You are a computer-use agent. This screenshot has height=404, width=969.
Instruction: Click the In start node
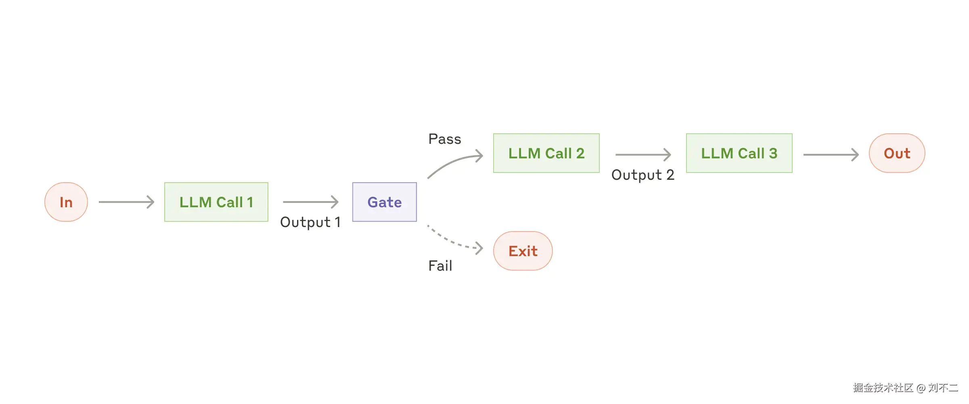click(66, 202)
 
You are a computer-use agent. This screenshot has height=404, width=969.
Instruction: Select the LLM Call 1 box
click(216, 202)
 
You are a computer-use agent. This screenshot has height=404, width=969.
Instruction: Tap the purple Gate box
click(384, 202)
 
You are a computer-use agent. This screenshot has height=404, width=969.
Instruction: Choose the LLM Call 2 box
click(546, 154)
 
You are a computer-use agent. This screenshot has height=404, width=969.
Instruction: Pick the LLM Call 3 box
click(739, 154)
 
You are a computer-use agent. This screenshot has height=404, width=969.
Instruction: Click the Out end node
click(897, 154)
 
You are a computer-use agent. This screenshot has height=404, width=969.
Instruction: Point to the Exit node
click(523, 251)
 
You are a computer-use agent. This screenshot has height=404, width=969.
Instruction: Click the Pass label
click(444, 139)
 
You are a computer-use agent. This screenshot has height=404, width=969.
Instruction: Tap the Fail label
click(440, 266)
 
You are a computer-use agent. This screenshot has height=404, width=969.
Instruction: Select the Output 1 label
click(310, 222)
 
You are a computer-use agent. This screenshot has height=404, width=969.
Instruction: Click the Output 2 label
click(643, 175)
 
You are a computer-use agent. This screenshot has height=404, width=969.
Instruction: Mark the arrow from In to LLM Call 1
click(126, 202)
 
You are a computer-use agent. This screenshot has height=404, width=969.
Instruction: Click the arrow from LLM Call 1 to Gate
click(310, 202)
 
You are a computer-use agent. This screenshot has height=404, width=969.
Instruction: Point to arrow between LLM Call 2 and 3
click(643, 155)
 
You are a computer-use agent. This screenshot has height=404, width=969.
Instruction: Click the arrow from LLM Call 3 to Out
click(831, 155)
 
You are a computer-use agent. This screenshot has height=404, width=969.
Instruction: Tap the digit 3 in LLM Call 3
click(773, 154)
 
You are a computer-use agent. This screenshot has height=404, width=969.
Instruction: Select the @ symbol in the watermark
click(921, 388)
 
